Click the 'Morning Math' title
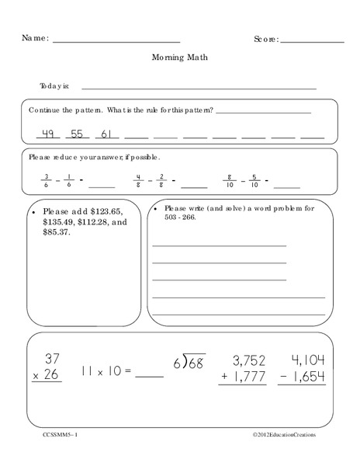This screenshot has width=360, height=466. tap(180, 57)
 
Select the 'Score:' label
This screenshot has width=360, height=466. tap(265, 39)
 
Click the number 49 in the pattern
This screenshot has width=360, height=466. tap(47, 134)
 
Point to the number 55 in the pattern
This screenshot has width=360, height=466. tap(77, 134)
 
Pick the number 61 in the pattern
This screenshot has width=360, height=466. tap(107, 134)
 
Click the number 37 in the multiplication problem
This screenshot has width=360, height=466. tap(52, 359)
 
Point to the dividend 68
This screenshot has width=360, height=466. tap(196, 362)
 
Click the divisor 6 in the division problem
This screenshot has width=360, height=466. tap(177, 363)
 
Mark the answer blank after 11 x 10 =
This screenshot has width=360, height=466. tap(149, 374)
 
